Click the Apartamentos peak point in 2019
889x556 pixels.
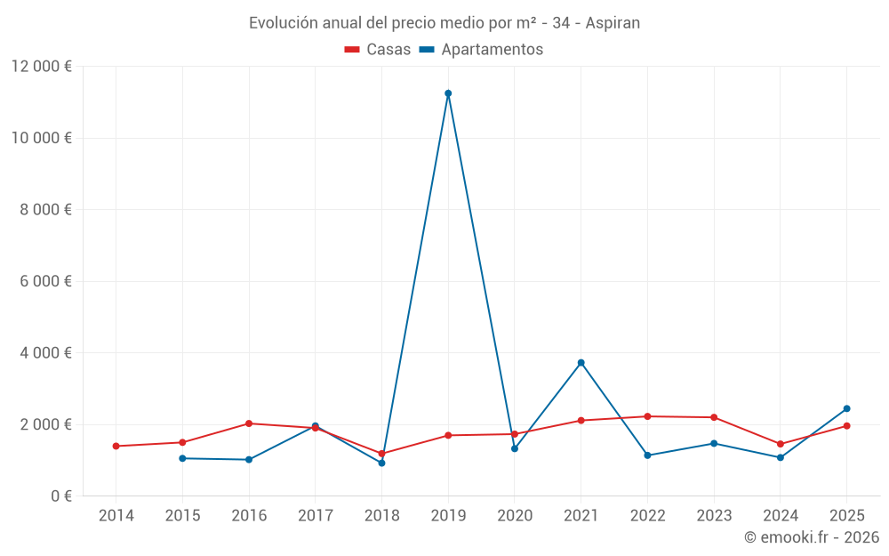point(448,93)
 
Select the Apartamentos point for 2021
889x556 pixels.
point(581,363)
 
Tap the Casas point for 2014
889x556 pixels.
point(116,446)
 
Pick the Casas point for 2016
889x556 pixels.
point(249,423)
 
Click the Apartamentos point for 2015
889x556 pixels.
point(182,458)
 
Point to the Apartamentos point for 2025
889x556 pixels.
point(846,408)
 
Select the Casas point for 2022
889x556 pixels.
point(647,416)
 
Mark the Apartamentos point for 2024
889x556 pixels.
point(780,457)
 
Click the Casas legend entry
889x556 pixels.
point(378,50)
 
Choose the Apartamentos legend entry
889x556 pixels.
point(481,50)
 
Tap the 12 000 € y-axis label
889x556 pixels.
point(42,67)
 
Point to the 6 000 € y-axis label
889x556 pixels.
point(42,281)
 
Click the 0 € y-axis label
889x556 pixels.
point(61,496)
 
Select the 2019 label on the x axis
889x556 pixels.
point(448,516)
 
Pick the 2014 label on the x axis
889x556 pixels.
point(116,516)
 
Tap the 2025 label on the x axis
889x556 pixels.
point(846,516)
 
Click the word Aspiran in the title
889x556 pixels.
point(613,23)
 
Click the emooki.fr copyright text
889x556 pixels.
point(811,537)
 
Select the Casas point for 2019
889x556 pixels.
point(448,435)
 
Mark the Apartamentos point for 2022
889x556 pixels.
point(647,455)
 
